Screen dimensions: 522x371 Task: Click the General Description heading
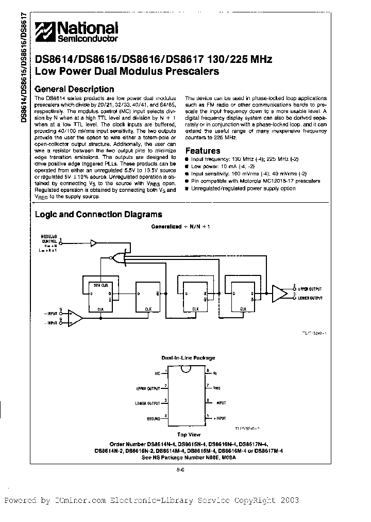[x=74, y=89]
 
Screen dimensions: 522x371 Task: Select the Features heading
[x=203, y=151]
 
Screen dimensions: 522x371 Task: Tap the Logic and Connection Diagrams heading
[x=98, y=215]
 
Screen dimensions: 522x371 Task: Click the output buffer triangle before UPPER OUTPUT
[x=279, y=293]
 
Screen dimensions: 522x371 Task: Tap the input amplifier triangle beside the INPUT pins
[x=75, y=317]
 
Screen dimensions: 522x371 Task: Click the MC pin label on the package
[x=157, y=371]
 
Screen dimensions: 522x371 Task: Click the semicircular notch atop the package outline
[x=186, y=369]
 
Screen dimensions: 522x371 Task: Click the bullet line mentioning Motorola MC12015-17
[x=255, y=181]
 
